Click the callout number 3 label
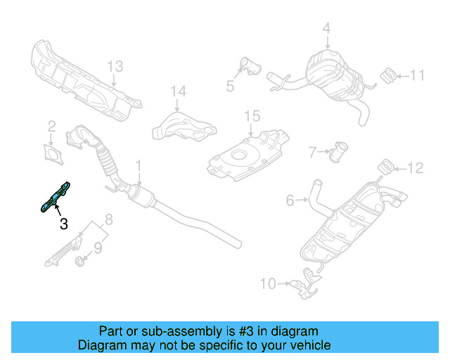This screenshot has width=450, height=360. pos(64,224)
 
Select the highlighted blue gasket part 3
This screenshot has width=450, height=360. pos(56,195)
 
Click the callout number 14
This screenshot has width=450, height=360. pos(179,91)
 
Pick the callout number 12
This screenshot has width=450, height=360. pos(417,167)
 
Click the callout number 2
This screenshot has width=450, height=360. pos(51,127)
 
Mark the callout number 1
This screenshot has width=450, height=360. pos(139,166)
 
